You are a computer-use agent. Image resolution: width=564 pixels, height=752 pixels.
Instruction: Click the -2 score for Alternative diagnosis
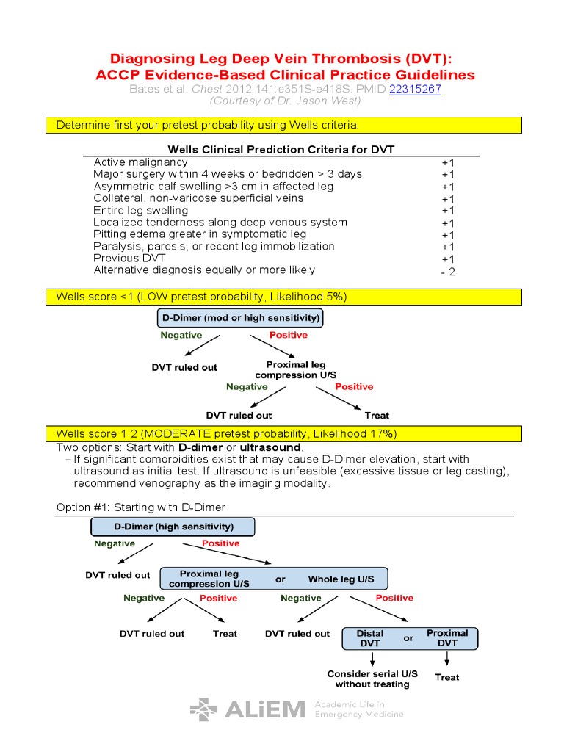coord(448,272)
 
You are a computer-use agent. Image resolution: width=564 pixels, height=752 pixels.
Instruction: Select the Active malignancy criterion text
coord(140,162)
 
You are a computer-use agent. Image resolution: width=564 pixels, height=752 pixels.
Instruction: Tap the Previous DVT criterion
coord(129,258)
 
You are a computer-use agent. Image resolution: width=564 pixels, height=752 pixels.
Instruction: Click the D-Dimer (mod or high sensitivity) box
coord(240,318)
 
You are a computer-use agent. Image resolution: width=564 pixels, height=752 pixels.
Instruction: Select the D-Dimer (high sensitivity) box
coord(173,527)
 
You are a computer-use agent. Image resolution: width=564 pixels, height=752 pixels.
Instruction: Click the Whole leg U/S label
coord(341,579)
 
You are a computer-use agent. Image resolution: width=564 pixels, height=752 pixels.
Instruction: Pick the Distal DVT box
coord(370,638)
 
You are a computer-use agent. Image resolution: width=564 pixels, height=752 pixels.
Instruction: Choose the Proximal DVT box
coord(447,638)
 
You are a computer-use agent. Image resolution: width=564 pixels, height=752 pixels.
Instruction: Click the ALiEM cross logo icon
coord(204,709)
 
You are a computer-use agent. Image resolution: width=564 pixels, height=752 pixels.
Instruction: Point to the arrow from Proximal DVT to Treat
coord(447,659)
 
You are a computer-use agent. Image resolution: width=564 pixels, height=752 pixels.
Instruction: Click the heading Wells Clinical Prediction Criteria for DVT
coord(281,150)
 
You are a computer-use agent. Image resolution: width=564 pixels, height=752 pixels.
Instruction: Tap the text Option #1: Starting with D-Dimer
coord(141,507)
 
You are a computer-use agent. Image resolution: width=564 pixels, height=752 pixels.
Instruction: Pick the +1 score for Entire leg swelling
coord(448,211)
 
